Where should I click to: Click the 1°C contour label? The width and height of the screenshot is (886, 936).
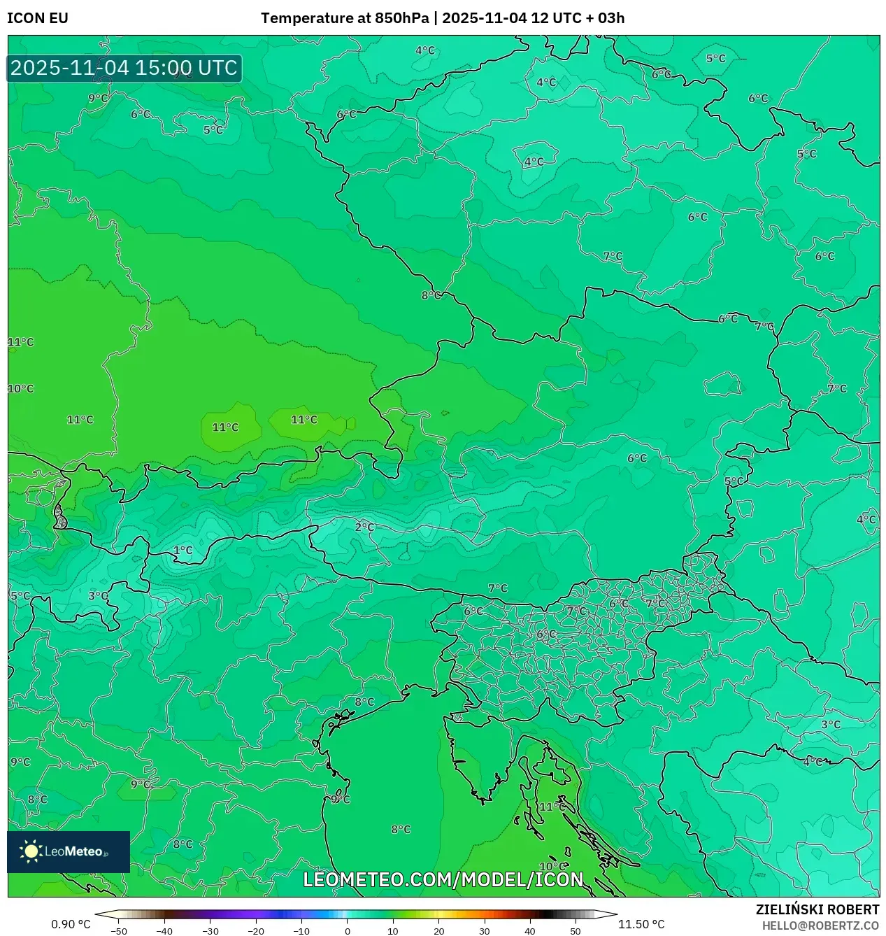[183, 551]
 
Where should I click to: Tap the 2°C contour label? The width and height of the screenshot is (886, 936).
[364, 527]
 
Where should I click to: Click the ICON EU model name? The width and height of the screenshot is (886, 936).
[38, 18]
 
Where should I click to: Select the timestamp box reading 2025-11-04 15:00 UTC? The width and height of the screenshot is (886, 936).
[124, 69]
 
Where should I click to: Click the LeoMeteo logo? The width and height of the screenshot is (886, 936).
[69, 851]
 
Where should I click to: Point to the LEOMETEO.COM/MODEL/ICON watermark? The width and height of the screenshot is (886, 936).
[443, 879]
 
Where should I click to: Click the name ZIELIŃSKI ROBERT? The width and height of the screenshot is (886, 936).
[817, 909]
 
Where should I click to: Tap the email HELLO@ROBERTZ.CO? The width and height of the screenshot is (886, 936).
[820, 926]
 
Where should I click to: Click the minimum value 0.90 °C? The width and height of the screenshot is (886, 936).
[71, 924]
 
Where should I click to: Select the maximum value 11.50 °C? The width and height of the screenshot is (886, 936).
[641, 924]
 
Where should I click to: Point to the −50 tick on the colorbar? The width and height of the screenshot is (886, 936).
[119, 930]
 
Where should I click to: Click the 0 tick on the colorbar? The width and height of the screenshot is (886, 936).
[348, 930]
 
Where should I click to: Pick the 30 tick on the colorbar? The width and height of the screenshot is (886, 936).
[484, 930]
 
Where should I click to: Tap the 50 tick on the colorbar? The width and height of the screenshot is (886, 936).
[575, 930]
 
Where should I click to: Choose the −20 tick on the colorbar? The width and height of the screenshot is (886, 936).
[256, 930]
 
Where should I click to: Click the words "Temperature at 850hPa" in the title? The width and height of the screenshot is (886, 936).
[345, 18]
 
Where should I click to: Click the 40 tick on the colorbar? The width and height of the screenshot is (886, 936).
[529, 930]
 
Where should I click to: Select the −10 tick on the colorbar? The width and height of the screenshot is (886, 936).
[301, 930]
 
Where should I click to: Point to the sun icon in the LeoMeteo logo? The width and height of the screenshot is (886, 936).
[31, 851]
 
